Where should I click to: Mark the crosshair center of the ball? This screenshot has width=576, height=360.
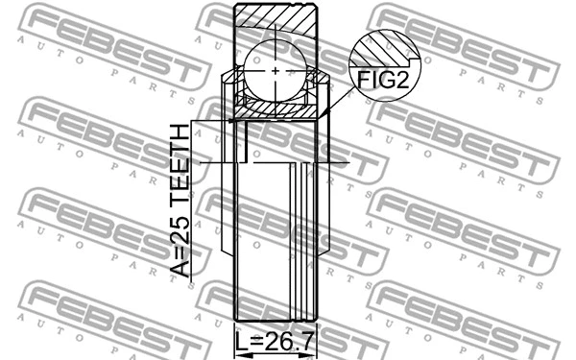point(276,70)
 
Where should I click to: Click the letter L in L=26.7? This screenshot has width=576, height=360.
point(241,342)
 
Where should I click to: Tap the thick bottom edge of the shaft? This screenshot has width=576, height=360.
point(276,322)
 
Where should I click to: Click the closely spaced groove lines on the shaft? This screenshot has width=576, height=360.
point(305,240)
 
